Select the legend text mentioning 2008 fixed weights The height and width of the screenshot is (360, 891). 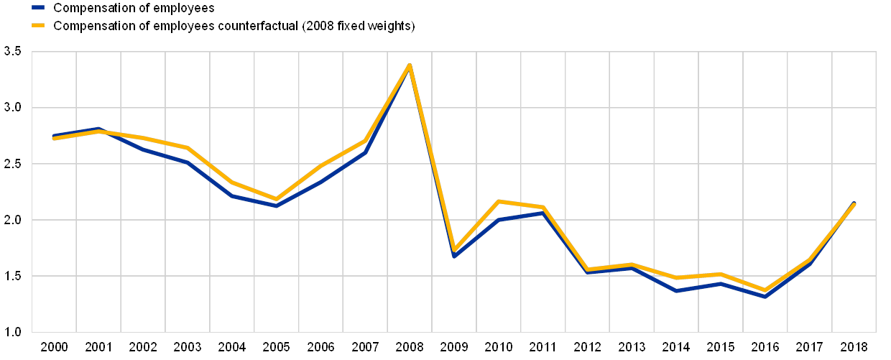click(234, 25)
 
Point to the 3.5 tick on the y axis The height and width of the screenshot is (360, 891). click(12, 52)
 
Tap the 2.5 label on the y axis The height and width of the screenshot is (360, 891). click(12, 164)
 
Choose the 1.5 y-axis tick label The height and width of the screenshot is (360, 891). click(12, 276)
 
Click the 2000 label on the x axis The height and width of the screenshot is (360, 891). click(54, 348)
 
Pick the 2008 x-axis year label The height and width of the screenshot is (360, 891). click(410, 348)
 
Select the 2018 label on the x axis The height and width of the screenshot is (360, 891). click(854, 348)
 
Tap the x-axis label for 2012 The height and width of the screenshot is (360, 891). click(587, 348)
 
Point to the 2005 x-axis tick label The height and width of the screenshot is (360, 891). click(276, 348)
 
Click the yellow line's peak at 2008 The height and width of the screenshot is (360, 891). click(410, 65)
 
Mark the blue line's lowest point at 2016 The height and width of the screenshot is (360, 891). click(765, 295)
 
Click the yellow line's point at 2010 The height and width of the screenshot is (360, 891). click(499, 201)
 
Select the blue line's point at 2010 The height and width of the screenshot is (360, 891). click(499, 219)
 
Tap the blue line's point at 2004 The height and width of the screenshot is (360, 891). click(232, 195)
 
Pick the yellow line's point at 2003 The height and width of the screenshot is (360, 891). click(188, 148)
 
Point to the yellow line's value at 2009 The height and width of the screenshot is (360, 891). click(454, 249)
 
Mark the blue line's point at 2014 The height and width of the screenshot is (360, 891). click(676, 290)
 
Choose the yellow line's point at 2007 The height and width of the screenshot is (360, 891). click(365, 141)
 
